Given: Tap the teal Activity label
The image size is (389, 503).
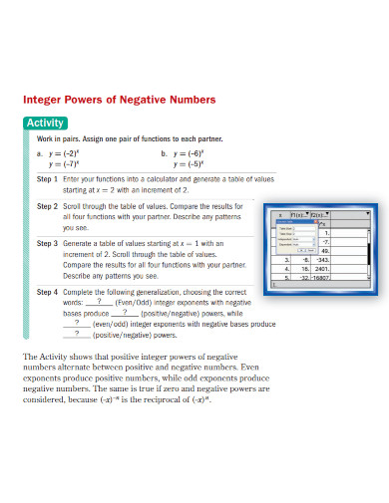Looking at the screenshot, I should (45, 124).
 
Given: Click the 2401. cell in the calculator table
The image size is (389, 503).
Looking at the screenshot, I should (321, 269).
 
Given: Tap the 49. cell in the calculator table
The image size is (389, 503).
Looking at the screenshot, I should (323, 250).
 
